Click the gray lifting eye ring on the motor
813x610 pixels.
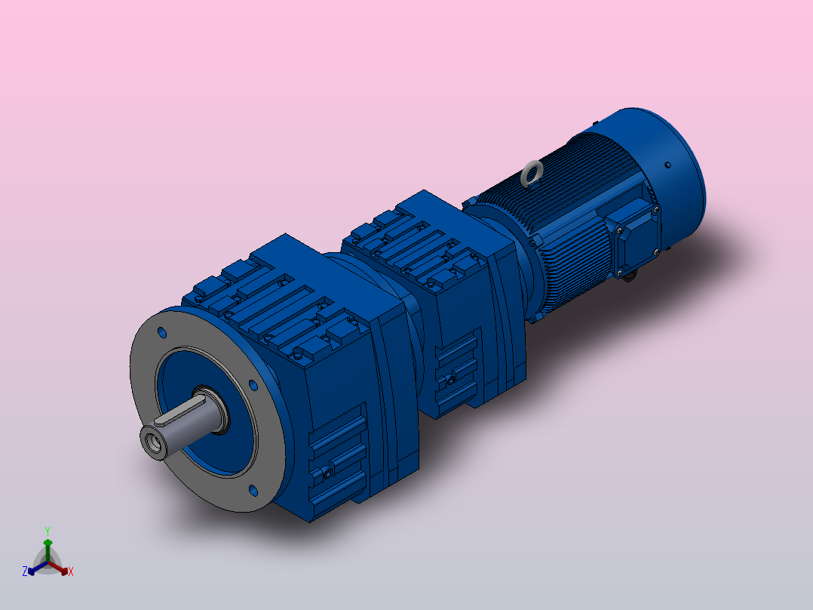531,174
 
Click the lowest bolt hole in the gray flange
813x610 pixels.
253,491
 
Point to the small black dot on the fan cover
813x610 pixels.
667,164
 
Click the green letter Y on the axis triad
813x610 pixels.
47,531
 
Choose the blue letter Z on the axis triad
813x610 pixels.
25,571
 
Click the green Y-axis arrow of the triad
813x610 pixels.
48,548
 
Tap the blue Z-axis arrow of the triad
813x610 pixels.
35,568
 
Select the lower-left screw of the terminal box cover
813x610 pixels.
620,268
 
